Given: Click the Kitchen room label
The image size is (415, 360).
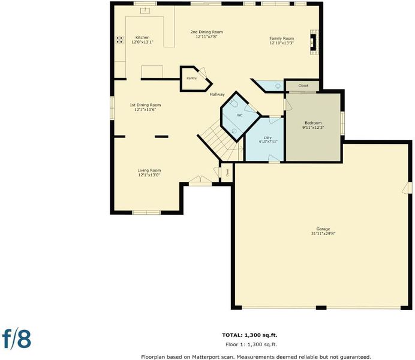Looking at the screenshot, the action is click(x=142, y=38).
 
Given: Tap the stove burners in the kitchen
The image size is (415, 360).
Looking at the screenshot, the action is click(x=119, y=40).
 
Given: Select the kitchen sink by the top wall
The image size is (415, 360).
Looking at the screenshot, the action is click(x=145, y=11).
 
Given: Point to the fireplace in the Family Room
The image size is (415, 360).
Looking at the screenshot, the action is click(x=314, y=43).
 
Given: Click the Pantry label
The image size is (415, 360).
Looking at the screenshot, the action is click(x=192, y=78).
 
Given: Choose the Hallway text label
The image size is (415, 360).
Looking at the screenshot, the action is click(x=217, y=94).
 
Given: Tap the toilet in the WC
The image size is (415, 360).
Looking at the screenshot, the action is click(x=233, y=103).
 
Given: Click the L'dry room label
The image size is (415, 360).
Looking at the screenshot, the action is click(x=268, y=137).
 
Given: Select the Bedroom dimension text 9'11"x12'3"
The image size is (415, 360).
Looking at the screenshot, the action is click(x=313, y=128).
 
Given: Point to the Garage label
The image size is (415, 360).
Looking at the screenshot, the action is click(x=323, y=229).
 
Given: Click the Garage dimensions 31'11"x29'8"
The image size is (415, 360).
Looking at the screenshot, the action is click(x=323, y=233).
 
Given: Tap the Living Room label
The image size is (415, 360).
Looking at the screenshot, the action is click(x=149, y=170).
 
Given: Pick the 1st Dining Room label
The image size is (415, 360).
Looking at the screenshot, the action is click(x=145, y=105).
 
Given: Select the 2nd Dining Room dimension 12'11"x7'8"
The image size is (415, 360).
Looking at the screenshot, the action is click(x=206, y=37).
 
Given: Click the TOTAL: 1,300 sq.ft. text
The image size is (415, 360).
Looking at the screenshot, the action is click(x=249, y=335).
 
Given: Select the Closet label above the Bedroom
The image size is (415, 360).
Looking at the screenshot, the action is click(x=303, y=86).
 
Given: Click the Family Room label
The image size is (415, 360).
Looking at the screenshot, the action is click(x=282, y=38).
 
